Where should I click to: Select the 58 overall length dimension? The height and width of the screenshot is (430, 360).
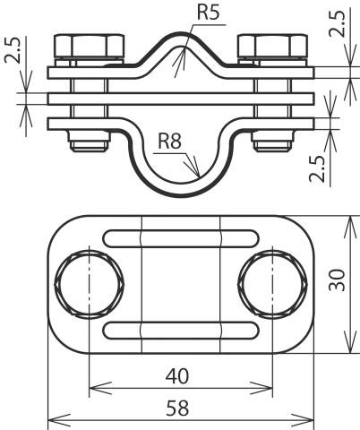181,408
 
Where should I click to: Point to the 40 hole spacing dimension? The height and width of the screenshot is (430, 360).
181,376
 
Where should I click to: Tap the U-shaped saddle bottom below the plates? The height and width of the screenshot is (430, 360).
179,185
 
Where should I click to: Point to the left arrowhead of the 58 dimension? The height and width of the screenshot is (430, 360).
49,418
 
